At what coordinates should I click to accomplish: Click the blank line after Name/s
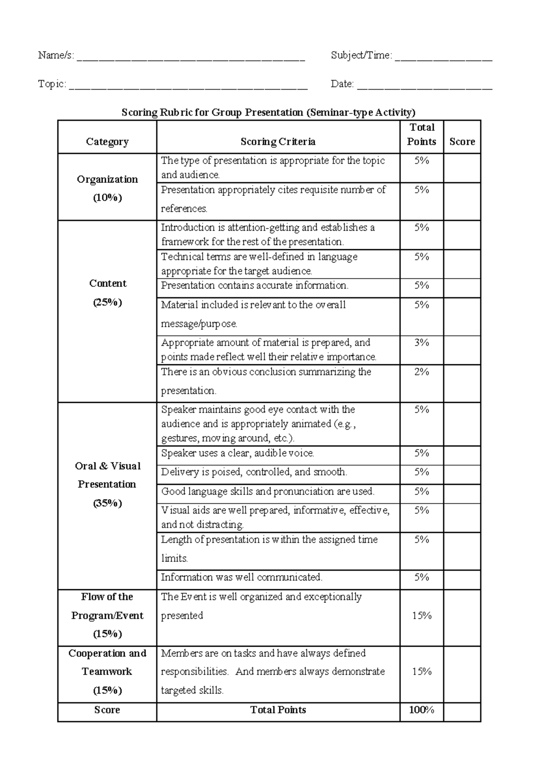tap(191, 58)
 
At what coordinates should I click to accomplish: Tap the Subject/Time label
tap(361, 55)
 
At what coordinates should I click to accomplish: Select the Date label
tap(342, 84)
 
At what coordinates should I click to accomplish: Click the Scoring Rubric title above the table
tap(269, 112)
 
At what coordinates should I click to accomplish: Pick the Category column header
tap(107, 142)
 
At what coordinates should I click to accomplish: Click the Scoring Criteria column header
tap(278, 142)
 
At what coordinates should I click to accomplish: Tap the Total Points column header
tap(421, 134)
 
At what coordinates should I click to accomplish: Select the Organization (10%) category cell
tap(107, 188)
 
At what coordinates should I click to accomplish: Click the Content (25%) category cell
tap(108, 292)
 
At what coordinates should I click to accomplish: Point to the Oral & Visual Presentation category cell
tap(107, 484)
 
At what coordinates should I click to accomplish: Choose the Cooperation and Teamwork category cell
tap(107, 671)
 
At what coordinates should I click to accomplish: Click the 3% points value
tap(421, 343)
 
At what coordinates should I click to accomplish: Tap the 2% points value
tap(421, 372)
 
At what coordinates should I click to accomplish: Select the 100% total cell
tap(421, 710)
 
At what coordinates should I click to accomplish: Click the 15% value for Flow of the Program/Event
tap(421, 616)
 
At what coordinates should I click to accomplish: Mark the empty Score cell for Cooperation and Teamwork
tap(462, 674)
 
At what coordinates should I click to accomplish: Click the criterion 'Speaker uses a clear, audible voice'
tap(238, 453)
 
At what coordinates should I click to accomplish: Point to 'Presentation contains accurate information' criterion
tap(254, 285)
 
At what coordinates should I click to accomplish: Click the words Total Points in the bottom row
tap(278, 710)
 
